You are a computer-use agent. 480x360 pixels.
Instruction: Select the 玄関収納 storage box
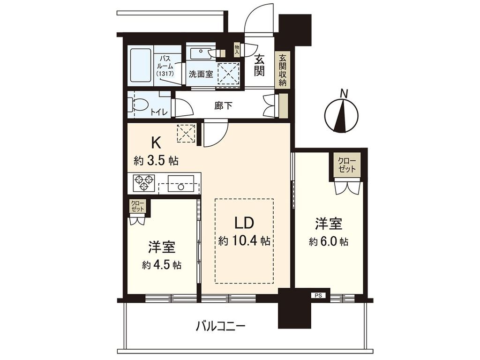pos(283,70)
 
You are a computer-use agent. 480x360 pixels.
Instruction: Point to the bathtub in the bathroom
pos(140,66)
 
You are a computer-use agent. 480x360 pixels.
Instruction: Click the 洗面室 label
pos(201,74)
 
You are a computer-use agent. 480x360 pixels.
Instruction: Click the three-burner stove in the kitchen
pos(144,183)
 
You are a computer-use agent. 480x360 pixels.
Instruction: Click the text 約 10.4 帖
pos(244,241)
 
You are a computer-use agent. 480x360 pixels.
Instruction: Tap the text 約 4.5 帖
pos(162,264)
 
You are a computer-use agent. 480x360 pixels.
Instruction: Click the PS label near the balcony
pos(317,296)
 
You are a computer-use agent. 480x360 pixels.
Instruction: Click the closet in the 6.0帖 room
pos(347,165)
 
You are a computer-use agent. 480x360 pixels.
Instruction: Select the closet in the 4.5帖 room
pos(138,206)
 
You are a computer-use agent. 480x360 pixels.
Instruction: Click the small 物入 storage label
pos(237,49)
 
